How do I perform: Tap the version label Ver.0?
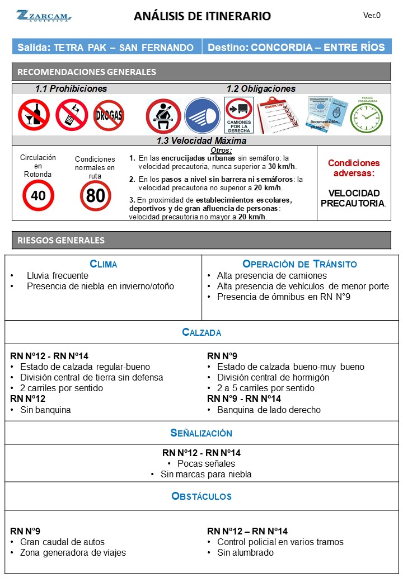[372, 15]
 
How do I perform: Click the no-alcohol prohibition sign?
[34, 115]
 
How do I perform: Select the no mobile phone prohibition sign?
[71, 115]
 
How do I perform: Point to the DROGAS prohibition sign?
[109, 115]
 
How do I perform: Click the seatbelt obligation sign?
[163, 116]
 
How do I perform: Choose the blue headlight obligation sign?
[202, 116]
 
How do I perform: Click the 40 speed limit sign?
[38, 195]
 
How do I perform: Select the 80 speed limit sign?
[95, 195]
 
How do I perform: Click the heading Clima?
[104, 264]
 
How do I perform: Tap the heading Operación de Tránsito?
[299, 264]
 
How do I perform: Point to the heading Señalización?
[201, 433]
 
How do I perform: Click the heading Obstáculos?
[201, 496]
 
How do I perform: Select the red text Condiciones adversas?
[353, 168]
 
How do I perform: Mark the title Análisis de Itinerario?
[202, 16]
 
